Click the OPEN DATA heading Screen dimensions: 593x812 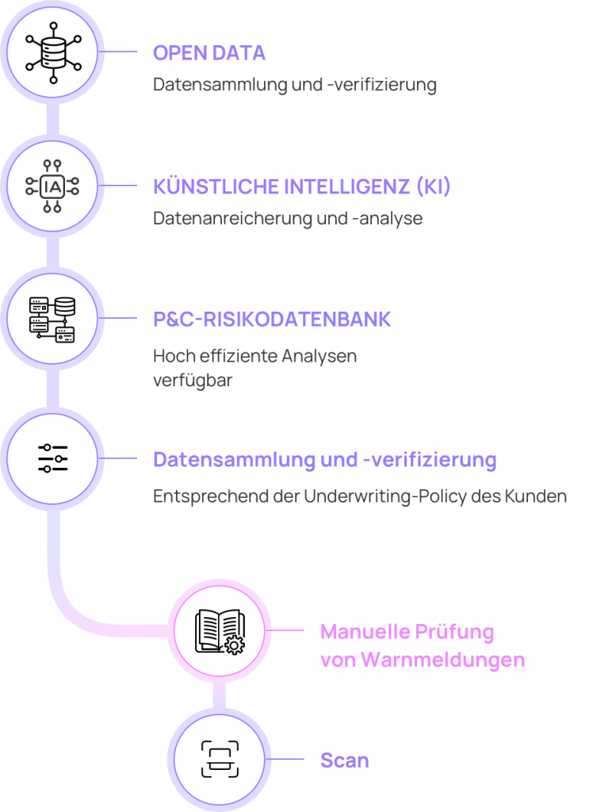pos(209,53)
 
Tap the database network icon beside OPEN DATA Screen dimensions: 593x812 pos(53,52)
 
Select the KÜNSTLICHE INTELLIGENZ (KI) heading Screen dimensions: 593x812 pos(301,186)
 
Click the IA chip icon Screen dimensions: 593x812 pos(52,186)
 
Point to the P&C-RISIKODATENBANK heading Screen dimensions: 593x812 pos(272,320)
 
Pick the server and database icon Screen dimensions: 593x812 pos(52,320)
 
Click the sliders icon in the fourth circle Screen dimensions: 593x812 pos(53,458)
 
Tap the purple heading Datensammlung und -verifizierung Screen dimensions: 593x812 pos(325,460)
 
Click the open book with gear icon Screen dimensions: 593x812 pos(220,632)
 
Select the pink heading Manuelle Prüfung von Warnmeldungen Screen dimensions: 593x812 pos(422,645)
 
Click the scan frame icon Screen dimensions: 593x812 pos(220,759)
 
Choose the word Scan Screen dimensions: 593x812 pos(344,760)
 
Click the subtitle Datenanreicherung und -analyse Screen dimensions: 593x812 pos(288,219)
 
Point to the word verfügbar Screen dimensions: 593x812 pos(193,380)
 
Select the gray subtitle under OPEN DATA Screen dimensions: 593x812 pos(295,84)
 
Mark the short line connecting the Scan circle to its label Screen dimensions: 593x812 pos(285,759)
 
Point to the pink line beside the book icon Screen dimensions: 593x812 pos(285,630)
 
